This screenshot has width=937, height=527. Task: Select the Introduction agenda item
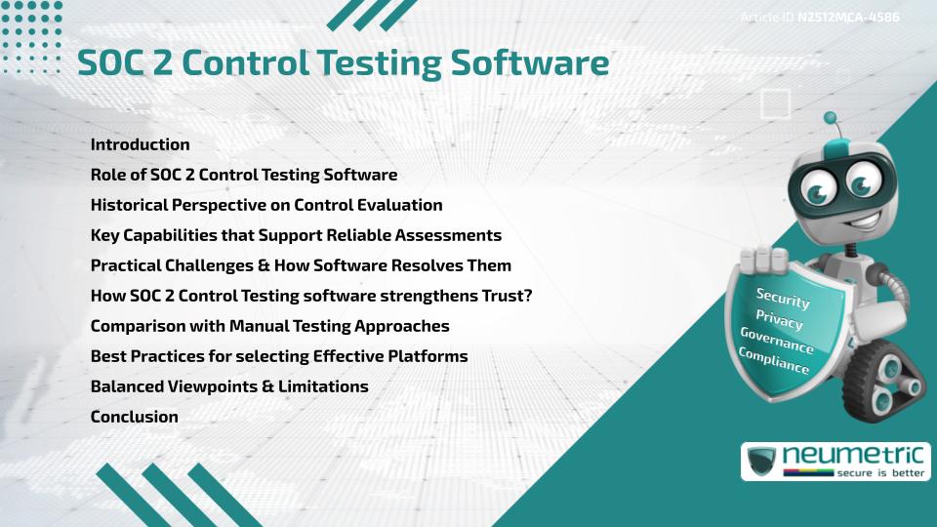tap(140, 144)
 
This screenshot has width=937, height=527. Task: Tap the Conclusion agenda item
tap(134, 417)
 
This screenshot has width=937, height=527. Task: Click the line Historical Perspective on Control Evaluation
tap(266, 205)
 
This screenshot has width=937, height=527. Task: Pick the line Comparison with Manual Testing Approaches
tap(269, 326)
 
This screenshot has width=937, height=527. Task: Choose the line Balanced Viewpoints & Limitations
tap(229, 386)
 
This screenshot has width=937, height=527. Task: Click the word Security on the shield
tap(783, 299)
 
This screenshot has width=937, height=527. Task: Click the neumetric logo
tap(835, 455)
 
